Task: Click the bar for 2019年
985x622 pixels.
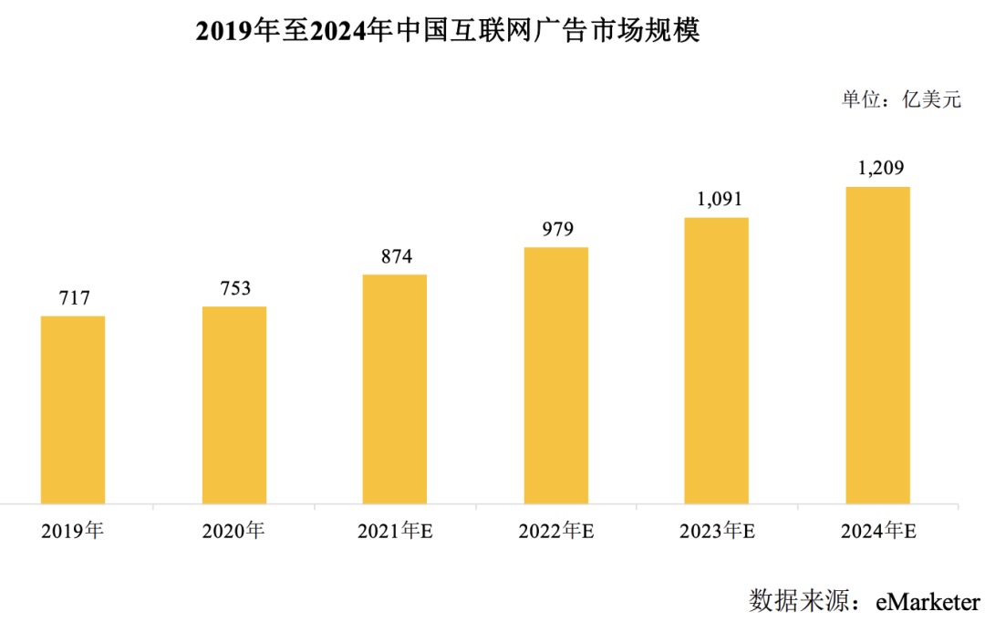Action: pyautogui.click(x=73, y=409)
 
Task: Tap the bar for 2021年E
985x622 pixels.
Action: pyautogui.click(x=395, y=389)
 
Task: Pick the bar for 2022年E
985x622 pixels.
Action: pyautogui.click(x=555, y=375)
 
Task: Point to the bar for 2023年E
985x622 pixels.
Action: pyautogui.click(x=717, y=360)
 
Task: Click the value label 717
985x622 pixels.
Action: pyautogui.click(x=73, y=298)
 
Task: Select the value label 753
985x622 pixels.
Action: pyautogui.click(x=234, y=288)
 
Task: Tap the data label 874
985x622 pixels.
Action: pyautogui.click(x=395, y=256)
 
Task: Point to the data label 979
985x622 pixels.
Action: pyautogui.click(x=555, y=229)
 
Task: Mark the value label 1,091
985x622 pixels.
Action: pyautogui.click(x=717, y=199)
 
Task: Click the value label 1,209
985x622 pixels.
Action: pyautogui.click(x=877, y=169)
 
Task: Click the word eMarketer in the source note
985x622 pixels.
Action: pyautogui.click(x=928, y=601)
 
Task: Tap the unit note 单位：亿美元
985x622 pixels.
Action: pyautogui.click(x=901, y=100)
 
